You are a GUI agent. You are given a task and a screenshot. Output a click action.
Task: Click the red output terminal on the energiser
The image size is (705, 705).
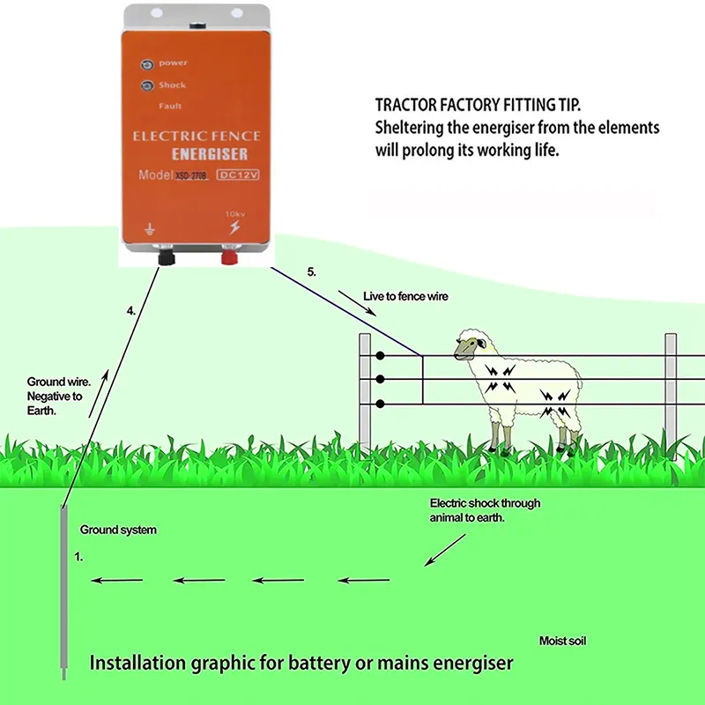pyautogui.click(x=230, y=259)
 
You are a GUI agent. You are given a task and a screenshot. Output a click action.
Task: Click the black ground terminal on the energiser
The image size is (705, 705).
pyautogui.click(x=164, y=259)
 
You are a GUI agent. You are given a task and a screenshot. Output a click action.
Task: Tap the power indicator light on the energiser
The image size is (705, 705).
pyautogui.click(x=145, y=63)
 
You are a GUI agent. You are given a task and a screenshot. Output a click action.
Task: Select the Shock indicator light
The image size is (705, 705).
pyautogui.click(x=145, y=85)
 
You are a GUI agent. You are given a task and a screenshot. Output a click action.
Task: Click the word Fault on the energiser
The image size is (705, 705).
pyautogui.click(x=171, y=107)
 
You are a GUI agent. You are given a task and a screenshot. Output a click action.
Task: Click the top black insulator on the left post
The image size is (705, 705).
pyautogui.click(x=379, y=356)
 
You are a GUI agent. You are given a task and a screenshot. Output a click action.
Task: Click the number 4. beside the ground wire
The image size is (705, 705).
pyautogui.click(x=130, y=311)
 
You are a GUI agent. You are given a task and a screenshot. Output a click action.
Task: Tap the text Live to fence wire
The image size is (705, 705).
pyautogui.click(x=405, y=297)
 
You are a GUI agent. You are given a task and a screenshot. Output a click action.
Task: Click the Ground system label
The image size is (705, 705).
pyautogui.click(x=118, y=530)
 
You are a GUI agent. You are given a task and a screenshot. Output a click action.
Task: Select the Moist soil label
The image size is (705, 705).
pyautogui.click(x=562, y=641)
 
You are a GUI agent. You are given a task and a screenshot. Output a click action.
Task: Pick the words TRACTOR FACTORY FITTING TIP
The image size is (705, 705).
pyautogui.click(x=490, y=103)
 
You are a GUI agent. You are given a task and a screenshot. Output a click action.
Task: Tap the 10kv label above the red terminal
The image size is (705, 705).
pyautogui.click(x=234, y=214)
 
